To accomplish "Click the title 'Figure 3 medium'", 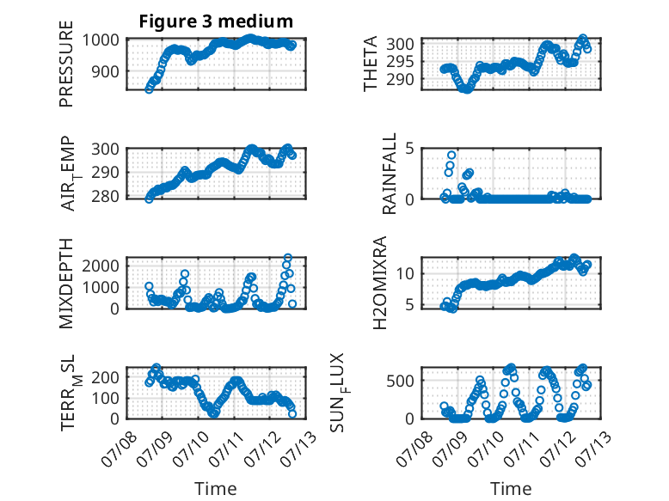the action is pyautogui.click(x=216, y=21).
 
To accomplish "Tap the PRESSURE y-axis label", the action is pyautogui.click(x=66, y=64).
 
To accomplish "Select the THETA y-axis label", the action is pyautogui.click(x=371, y=64).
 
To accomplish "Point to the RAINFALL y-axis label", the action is pyautogui.click(x=390, y=174).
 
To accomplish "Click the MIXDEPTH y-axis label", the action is pyautogui.click(x=66, y=284).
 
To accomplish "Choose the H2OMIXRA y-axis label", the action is pyautogui.click(x=379, y=283).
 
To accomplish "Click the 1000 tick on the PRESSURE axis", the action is pyautogui.click(x=101, y=40).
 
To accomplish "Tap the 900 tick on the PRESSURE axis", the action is pyautogui.click(x=105, y=71).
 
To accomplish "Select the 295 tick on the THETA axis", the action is pyautogui.click(x=400, y=61).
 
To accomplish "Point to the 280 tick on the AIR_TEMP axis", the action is pyautogui.click(x=105, y=197).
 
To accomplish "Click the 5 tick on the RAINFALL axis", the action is pyautogui.click(x=409, y=149).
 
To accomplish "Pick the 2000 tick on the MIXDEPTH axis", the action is pyautogui.click(x=101, y=266).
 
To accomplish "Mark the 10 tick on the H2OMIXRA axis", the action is pyautogui.click(x=405, y=273).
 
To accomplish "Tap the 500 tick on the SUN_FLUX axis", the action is pyautogui.click(x=400, y=381).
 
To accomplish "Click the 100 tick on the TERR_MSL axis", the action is pyautogui.click(x=105, y=398).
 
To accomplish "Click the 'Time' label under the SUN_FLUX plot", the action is pyautogui.click(x=511, y=488).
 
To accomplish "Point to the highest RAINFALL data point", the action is pyautogui.click(x=451, y=155).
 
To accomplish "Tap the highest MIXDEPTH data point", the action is pyautogui.click(x=288, y=258).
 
